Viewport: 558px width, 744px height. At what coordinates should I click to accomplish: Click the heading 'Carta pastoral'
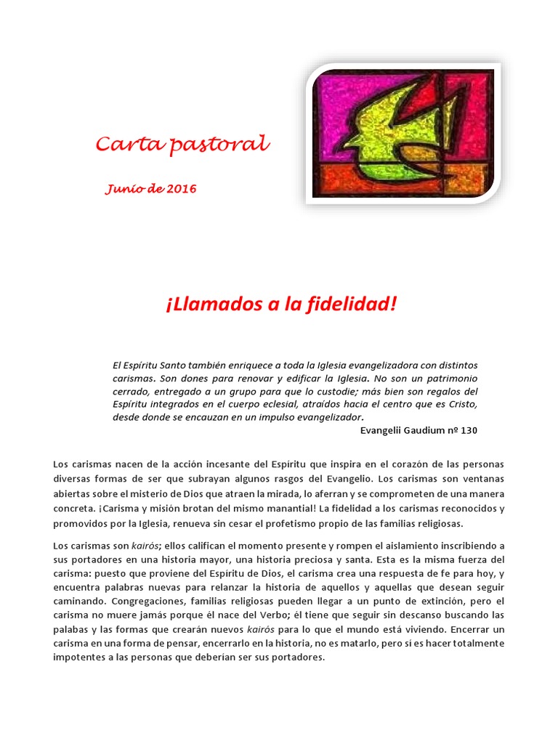182,145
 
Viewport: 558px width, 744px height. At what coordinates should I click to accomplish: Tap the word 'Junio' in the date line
124,190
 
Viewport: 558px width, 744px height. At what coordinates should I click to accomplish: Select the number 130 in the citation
469,430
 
